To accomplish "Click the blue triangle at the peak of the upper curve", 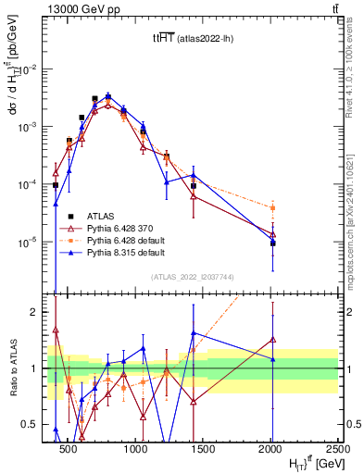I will tap(108, 95).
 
